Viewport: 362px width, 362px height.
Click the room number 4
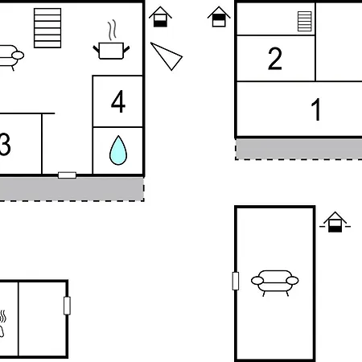click(x=118, y=101)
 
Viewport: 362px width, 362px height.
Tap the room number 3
click(x=5, y=144)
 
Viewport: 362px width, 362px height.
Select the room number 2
click(x=275, y=59)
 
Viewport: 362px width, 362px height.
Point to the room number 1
click(x=316, y=109)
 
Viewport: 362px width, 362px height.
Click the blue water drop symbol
click(x=118, y=150)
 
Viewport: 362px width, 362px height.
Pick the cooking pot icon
click(x=111, y=51)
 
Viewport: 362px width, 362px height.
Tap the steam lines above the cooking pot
click(x=112, y=30)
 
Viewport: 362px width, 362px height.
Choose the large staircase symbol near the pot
click(x=47, y=28)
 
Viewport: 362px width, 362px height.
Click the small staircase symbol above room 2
click(x=305, y=22)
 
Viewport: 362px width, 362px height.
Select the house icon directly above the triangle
click(x=160, y=17)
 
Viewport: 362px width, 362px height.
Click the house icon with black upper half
click(x=219, y=17)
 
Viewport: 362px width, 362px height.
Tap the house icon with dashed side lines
click(x=335, y=222)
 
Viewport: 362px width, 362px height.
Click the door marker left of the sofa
click(x=236, y=281)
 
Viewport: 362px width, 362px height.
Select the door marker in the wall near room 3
click(x=67, y=175)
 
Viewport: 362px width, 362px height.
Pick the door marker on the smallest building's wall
click(x=67, y=306)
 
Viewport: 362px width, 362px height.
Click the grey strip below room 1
click(x=298, y=149)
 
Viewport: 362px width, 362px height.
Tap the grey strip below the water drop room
click(x=72, y=189)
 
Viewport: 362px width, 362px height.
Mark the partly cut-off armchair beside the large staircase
click(x=10, y=56)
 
